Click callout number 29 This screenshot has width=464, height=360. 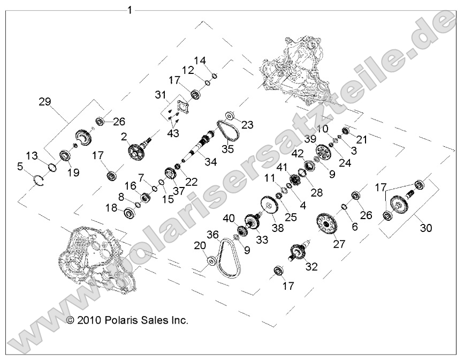(x=45, y=100)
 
